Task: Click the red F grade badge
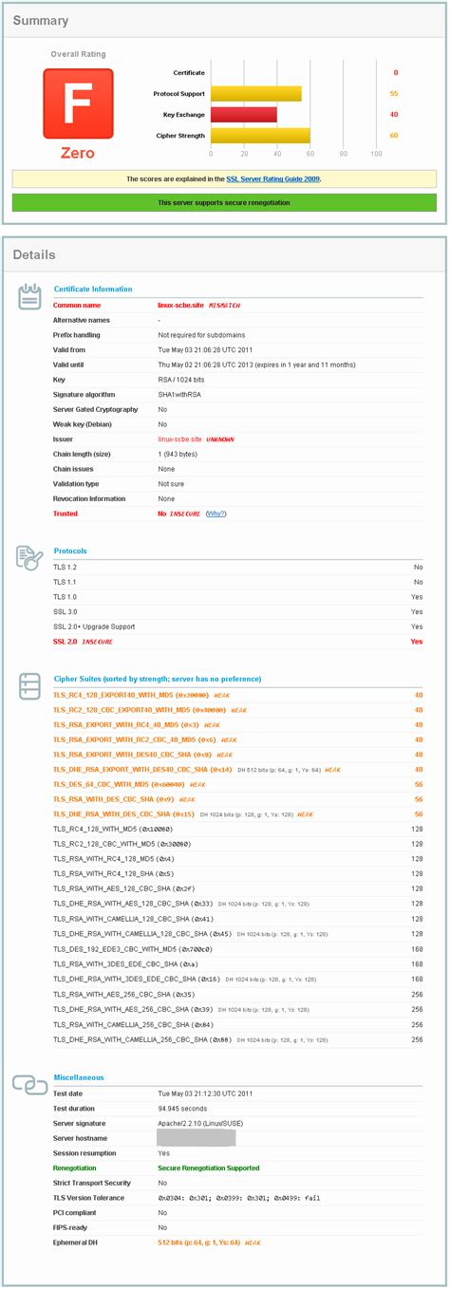(78, 103)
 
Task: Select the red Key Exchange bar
(244, 114)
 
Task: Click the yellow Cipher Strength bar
(260, 135)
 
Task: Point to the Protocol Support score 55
(393, 94)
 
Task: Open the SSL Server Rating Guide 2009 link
(273, 178)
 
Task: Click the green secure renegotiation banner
(224, 202)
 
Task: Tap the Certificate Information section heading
(93, 289)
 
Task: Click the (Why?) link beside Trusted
(216, 514)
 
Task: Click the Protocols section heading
(70, 551)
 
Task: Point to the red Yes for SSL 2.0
(417, 642)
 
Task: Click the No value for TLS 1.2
(418, 566)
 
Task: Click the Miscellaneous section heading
(79, 1077)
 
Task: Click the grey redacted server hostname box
(197, 1138)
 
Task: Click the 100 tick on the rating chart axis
(376, 153)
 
